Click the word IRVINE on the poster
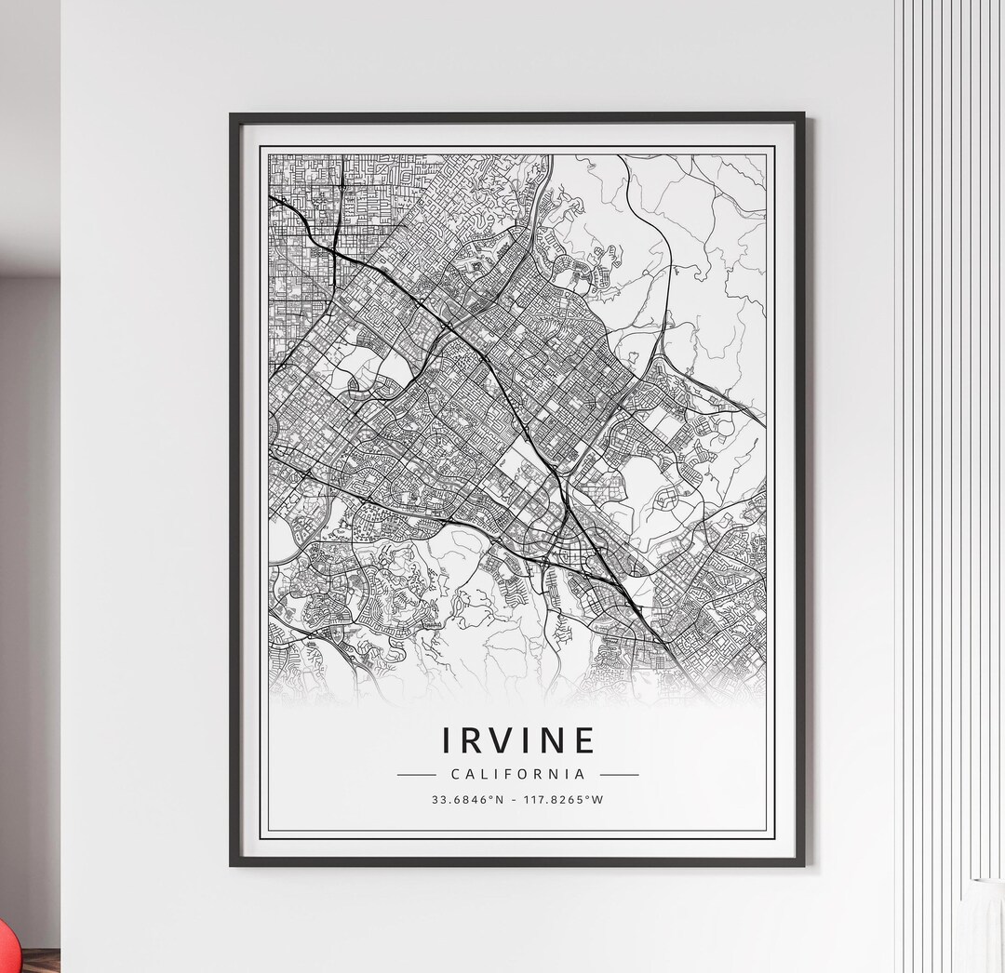point(518,740)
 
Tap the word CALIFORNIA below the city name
point(518,774)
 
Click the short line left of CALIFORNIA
point(416,774)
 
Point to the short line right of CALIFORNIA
point(620,774)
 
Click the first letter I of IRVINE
point(448,740)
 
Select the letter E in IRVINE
point(583,740)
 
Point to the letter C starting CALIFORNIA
point(455,774)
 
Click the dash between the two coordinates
point(515,799)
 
